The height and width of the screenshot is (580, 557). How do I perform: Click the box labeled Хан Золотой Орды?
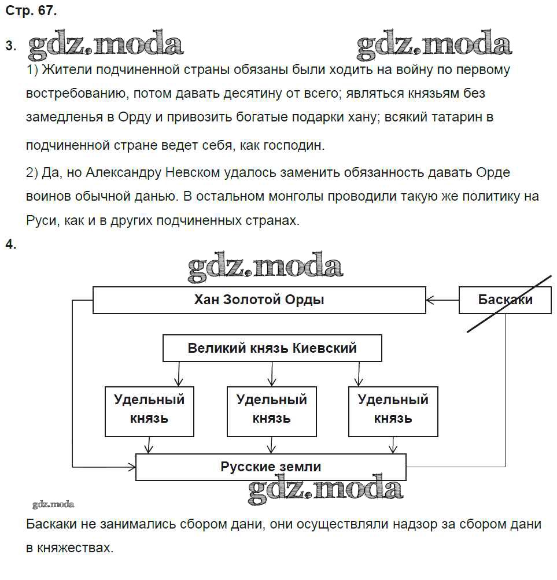point(259,300)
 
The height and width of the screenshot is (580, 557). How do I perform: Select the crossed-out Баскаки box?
point(505,300)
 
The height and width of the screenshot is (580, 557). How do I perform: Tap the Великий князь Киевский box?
point(272,349)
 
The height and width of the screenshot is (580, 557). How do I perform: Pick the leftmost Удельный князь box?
point(149,411)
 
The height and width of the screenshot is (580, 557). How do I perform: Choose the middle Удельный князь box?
point(271,411)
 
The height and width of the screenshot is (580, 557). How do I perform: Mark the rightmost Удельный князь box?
point(393,411)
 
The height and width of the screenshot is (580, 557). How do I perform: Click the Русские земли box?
point(271,467)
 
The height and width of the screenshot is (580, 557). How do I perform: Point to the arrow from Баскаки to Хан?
point(442,300)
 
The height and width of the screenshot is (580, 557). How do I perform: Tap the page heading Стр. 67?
point(31,11)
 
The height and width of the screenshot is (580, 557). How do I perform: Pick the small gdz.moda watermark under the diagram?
point(53,504)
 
